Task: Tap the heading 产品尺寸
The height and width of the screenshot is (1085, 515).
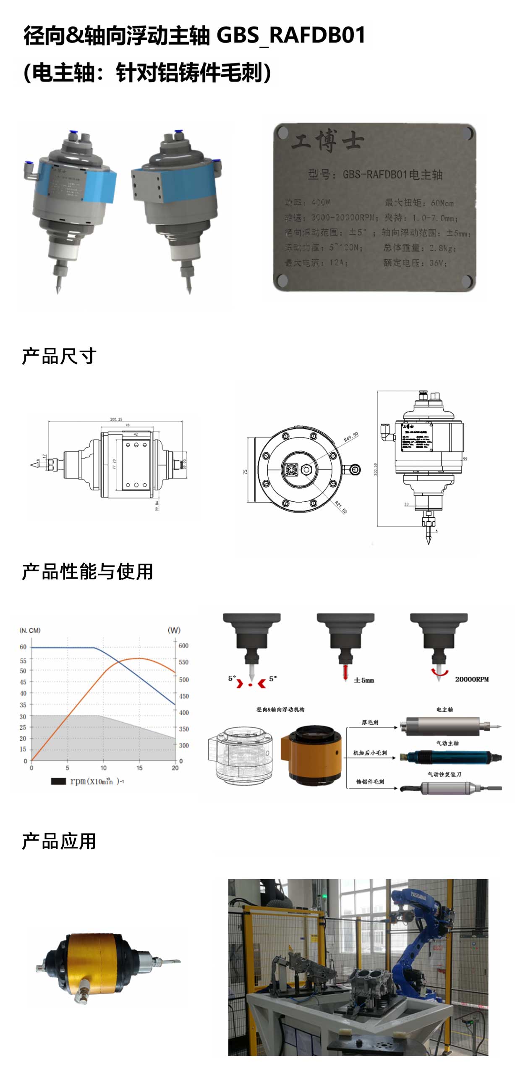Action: [59, 356]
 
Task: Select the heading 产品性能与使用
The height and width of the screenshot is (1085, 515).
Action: [87, 571]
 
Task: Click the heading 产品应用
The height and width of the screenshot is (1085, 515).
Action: [59, 841]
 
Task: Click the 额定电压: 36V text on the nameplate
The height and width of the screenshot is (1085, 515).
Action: [414, 263]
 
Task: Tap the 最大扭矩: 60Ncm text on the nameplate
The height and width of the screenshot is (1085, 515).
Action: [419, 203]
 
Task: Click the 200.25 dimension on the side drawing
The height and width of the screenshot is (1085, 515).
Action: [116, 419]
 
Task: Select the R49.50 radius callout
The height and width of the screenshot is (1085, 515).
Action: [351, 437]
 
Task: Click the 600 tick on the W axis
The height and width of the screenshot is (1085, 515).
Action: [183, 646]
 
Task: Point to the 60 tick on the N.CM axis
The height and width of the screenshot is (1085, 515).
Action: [23, 647]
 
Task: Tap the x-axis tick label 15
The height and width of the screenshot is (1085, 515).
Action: [139, 768]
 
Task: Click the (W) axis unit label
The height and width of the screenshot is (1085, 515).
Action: [174, 630]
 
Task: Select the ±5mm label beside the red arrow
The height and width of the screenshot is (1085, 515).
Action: [363, 680]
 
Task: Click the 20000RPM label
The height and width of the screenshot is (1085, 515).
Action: [472, 679]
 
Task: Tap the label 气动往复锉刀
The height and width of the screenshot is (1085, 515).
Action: [444, 774]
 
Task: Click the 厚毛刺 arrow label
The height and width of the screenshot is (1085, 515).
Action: [370, 722]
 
